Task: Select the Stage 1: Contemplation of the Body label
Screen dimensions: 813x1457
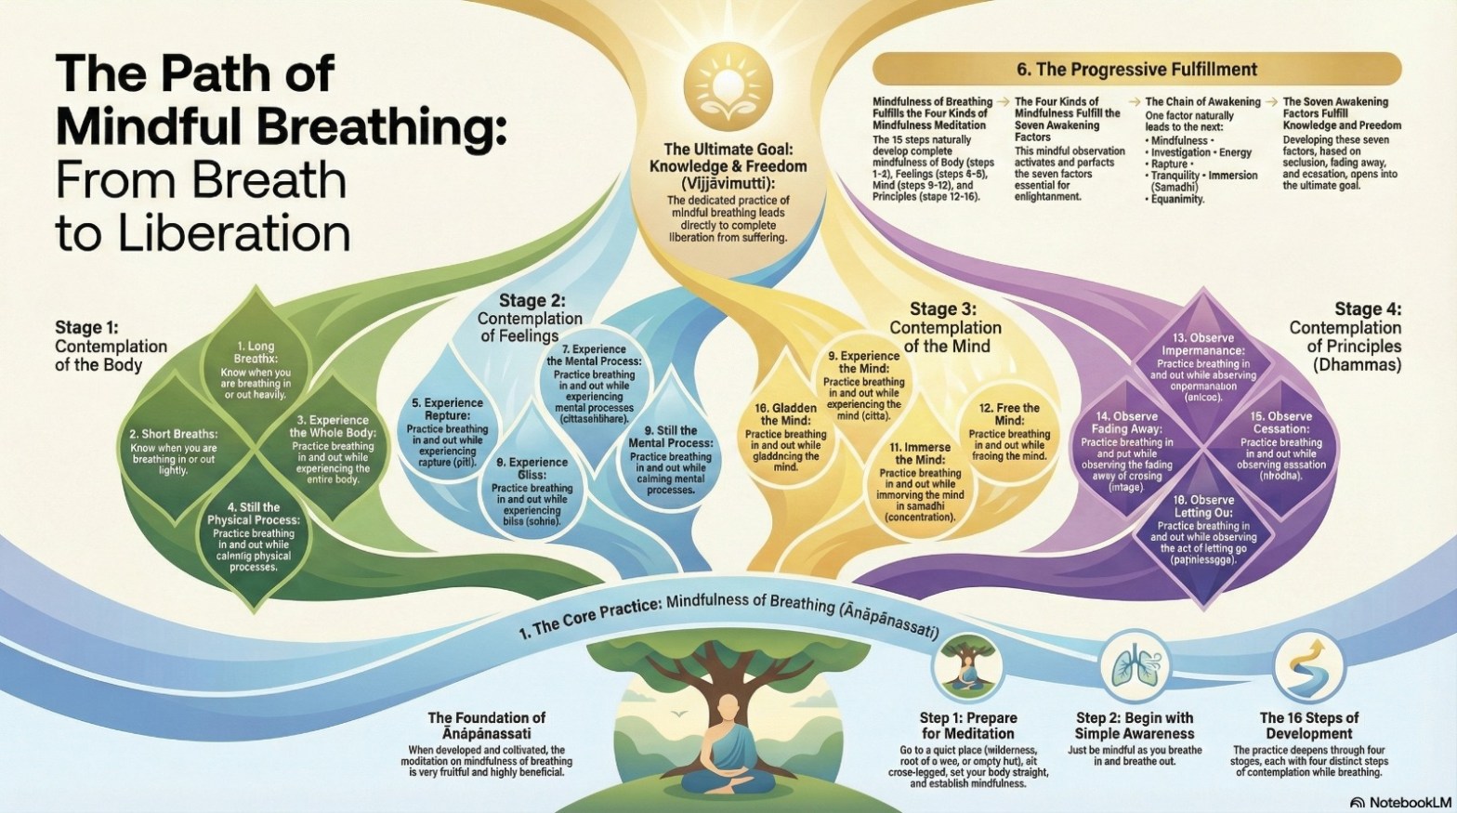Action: pyautogui.click(x=111, y=346)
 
